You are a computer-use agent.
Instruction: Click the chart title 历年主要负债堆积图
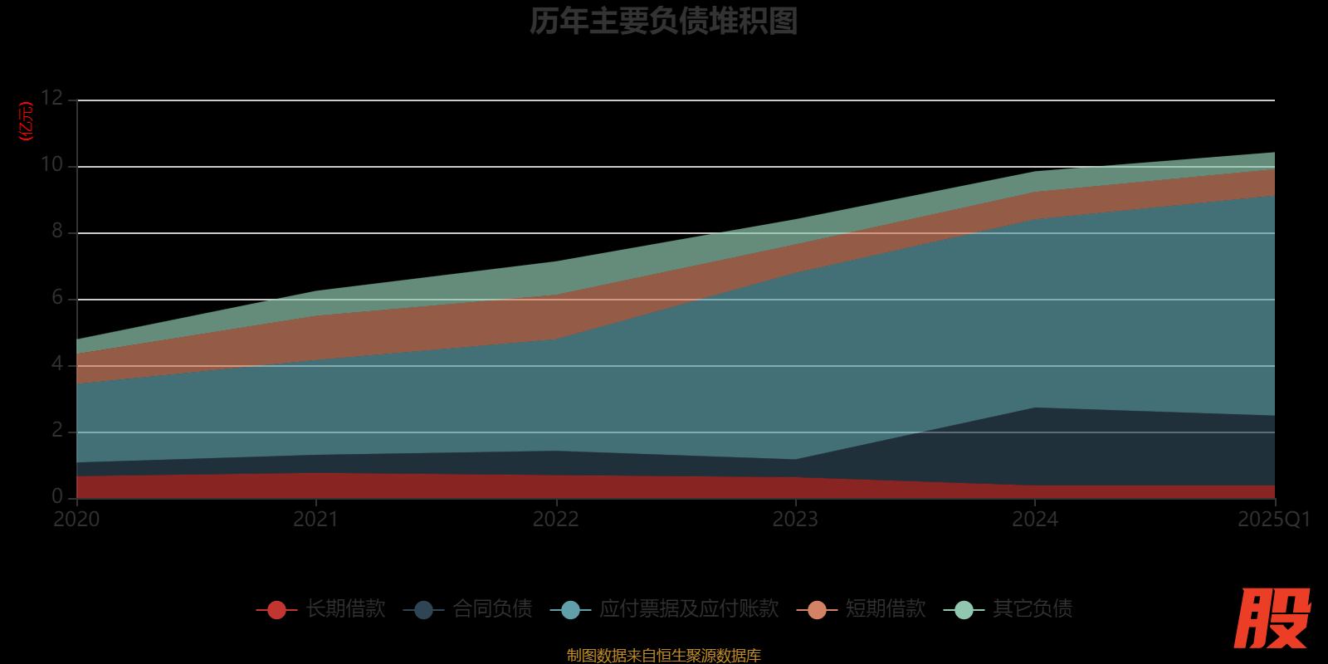[x=663, y=22]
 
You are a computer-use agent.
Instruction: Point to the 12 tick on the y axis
[x=51, y=98]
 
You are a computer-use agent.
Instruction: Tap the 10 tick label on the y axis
[x=51, y=164]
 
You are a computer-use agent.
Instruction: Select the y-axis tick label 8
[x=57, y=231]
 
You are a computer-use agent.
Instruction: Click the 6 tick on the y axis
[x=57, y=297]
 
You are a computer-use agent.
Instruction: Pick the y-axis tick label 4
[x=57, y=364]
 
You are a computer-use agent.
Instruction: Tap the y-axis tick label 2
[x=57, y=430]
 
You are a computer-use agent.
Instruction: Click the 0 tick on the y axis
[x=57, y=496]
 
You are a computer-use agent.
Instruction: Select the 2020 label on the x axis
[x=76, y=520]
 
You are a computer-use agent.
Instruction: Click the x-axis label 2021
[x=316, y=520]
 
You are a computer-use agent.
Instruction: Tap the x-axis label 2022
[x=555, y=520]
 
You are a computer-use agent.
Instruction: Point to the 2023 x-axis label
[x=795, y=520]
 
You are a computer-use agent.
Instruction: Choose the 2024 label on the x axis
[x=1035, y=520]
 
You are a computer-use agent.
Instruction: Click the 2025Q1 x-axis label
[x=1273, y=520]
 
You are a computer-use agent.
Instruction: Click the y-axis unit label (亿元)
[x=27, y=121]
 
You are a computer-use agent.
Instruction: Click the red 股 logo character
[x=1272, y=618]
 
